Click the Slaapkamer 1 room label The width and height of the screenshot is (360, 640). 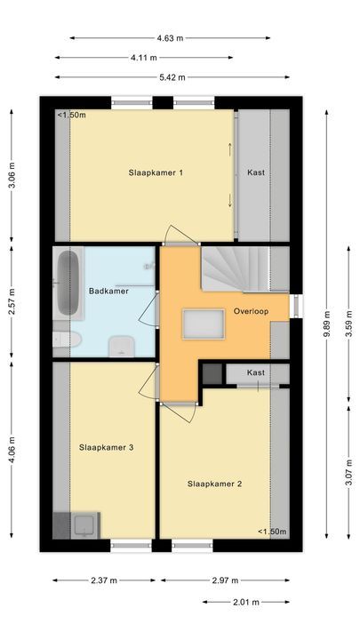[156, 172]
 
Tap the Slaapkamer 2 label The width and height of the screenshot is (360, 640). [214, 484]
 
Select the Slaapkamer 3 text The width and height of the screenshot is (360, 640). [106, 447]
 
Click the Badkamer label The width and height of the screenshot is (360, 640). [109, 291]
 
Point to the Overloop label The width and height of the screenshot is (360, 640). [251, 312]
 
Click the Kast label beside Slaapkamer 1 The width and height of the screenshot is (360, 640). [256, 172]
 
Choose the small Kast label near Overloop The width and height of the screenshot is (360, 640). [256, 372]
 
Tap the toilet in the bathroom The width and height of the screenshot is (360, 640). [68, 340]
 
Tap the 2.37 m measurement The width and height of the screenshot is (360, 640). [104, 580]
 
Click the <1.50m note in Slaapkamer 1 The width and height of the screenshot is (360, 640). [70, 116]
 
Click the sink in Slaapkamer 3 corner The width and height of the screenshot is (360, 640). [84, 525]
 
